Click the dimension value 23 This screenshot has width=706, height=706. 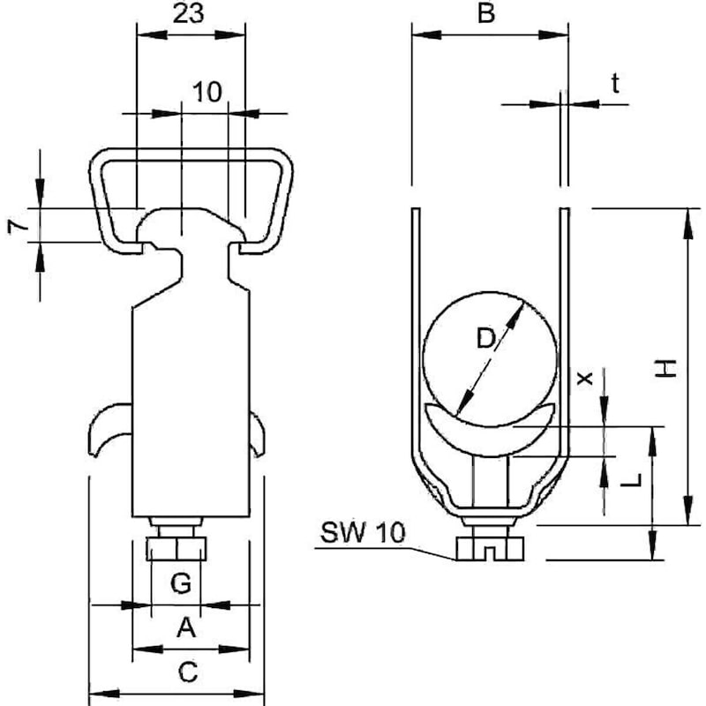188,13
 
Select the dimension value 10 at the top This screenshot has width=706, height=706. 207,92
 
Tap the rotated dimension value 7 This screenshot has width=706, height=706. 18,226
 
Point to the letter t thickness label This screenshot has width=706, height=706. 615,83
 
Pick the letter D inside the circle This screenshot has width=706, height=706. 486,339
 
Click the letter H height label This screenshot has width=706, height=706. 665,368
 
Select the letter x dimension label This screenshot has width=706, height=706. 585,379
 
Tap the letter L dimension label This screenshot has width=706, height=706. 631,480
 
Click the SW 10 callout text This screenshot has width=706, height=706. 363,532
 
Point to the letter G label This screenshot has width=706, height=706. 181,583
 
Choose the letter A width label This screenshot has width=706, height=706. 186,627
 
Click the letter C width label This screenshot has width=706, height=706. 188,672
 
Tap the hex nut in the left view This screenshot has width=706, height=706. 176,548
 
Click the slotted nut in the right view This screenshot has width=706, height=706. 490,548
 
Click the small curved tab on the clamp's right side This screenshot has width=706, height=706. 258,433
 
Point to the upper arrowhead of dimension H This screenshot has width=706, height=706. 687,223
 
